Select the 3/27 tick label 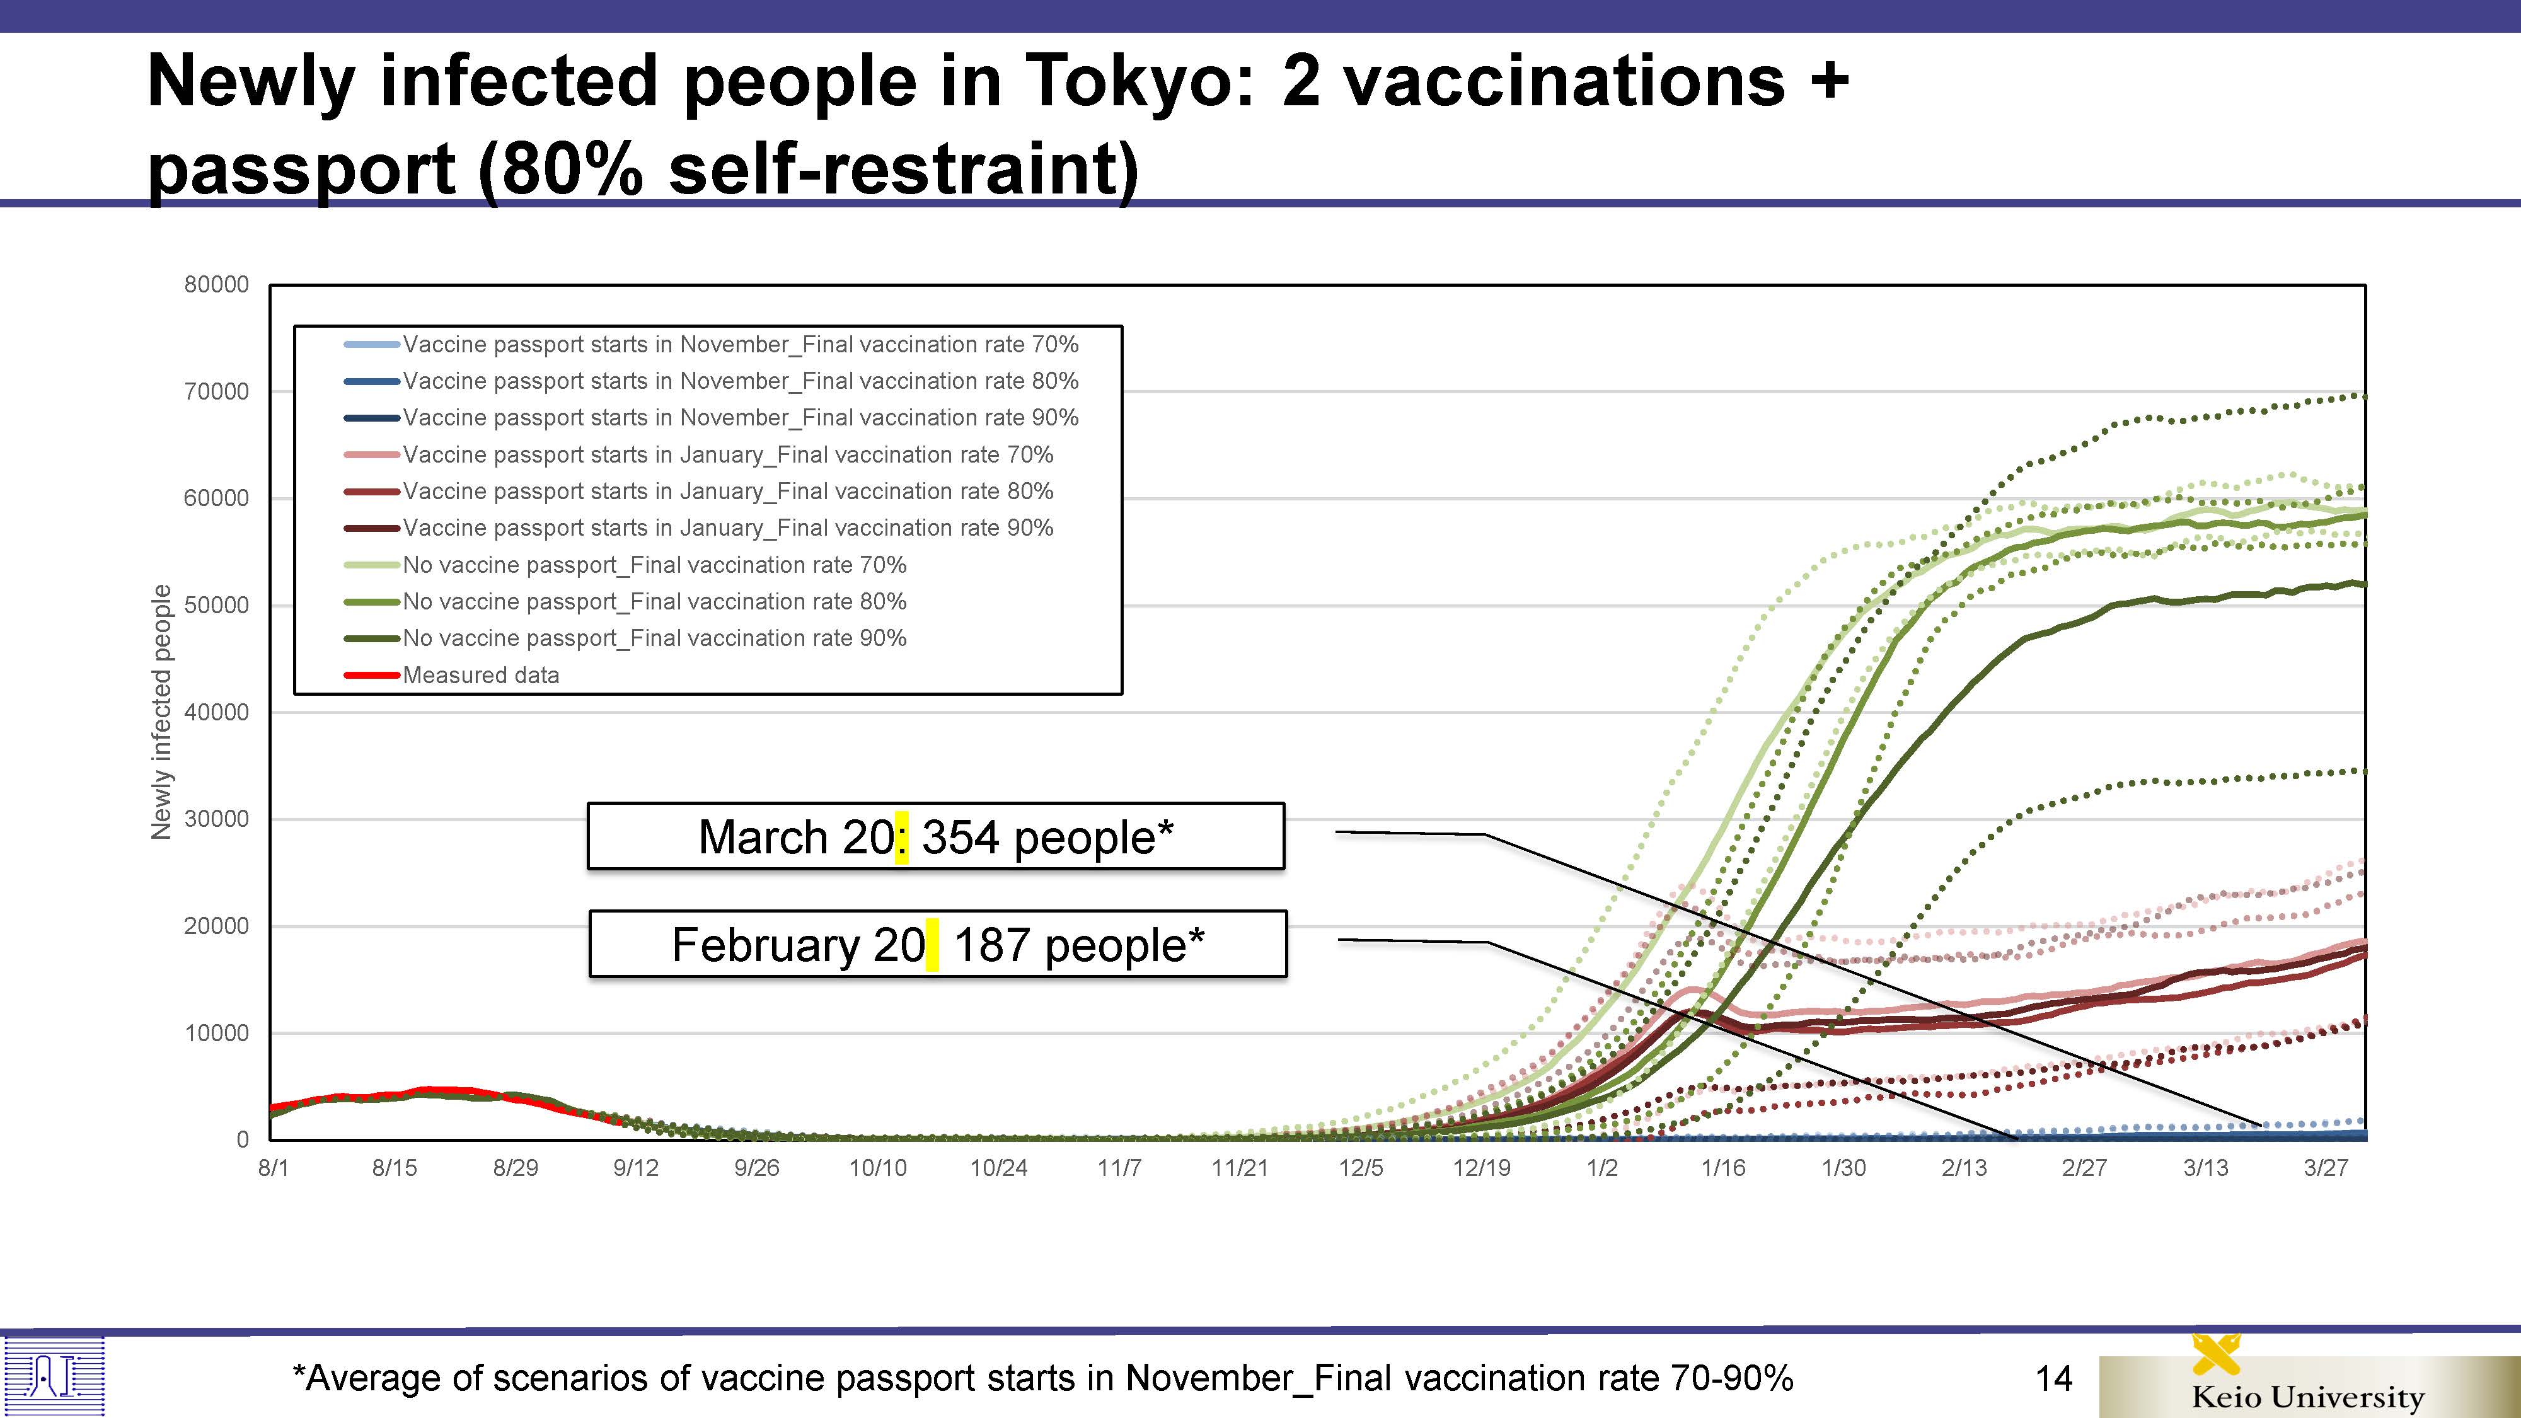2325,1167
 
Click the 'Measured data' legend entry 480,675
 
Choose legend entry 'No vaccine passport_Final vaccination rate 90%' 654,638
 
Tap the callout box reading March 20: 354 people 935,837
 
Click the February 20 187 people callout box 938,944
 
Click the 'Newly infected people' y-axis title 161,712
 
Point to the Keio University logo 2307,1385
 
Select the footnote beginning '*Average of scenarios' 1042,1378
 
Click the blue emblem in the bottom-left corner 54,1376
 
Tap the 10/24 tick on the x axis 998,1167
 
